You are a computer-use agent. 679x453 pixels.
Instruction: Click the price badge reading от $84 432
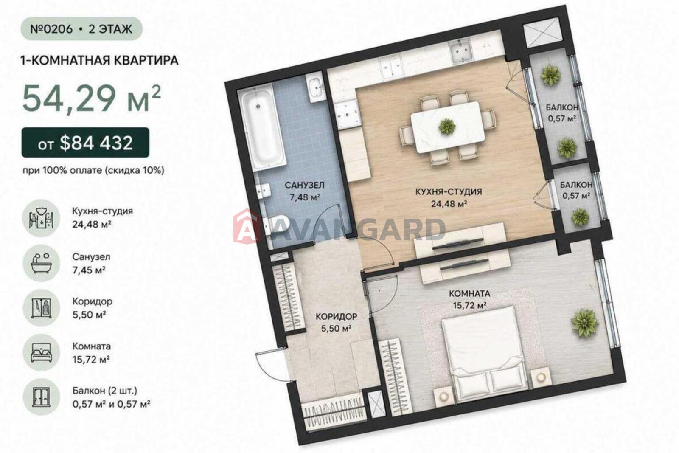pos(85,143)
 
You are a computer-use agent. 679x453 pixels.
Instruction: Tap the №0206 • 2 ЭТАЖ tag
pos(81,29)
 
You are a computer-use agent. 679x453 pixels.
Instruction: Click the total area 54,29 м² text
pos(92,98)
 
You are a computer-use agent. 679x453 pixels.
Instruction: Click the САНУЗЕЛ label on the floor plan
pos(304,185)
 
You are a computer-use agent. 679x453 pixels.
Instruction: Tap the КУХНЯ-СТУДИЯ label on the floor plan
pos(448,191)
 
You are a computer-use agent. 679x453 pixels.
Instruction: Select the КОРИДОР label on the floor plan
pos(336,317)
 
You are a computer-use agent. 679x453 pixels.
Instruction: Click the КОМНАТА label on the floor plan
pos(469,293)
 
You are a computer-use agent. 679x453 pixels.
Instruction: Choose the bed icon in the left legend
pos(41,353)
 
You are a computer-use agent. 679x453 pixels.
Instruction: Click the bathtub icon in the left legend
pos(41,263)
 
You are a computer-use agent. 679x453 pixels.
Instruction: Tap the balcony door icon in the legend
pos(41,397)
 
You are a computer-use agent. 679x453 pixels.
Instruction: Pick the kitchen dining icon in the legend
pos(41,218)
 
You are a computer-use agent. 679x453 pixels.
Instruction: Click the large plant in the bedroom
pos(584,323)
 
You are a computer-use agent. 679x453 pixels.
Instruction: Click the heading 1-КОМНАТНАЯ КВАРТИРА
pos(99,60)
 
